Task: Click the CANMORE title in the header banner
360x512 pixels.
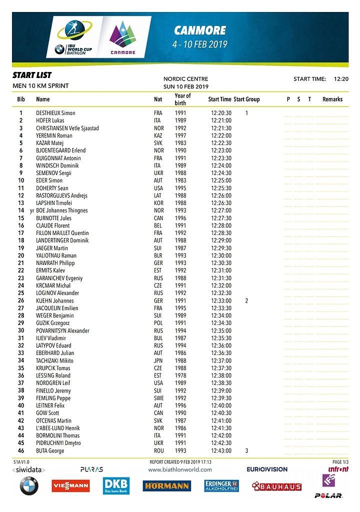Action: [199, 30]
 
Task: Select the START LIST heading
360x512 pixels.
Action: [32, 75]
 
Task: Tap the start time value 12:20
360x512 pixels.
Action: [341, 79]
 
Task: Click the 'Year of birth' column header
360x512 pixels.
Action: [182, 99]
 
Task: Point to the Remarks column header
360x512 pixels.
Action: [332, 99]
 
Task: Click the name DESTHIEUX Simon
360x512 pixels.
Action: [55, 113]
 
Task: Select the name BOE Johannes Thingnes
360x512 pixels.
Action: [62, 210]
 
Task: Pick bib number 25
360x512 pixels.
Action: [21, 293]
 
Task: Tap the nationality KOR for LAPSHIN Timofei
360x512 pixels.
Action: [158, 203]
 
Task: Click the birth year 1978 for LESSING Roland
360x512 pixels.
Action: [180, 375]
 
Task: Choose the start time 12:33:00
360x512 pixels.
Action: [221, 300]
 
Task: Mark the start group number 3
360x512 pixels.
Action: [246, 451]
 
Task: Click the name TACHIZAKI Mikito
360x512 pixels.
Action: [54, 360]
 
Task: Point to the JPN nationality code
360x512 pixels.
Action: [158, 360]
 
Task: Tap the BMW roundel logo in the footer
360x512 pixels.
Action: [29, 486]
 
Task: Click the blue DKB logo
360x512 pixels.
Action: [116, 485]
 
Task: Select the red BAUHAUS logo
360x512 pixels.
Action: [276, 486]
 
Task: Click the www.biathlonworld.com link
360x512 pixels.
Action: [179, 469]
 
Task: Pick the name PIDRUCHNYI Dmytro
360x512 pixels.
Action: [58, 443]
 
